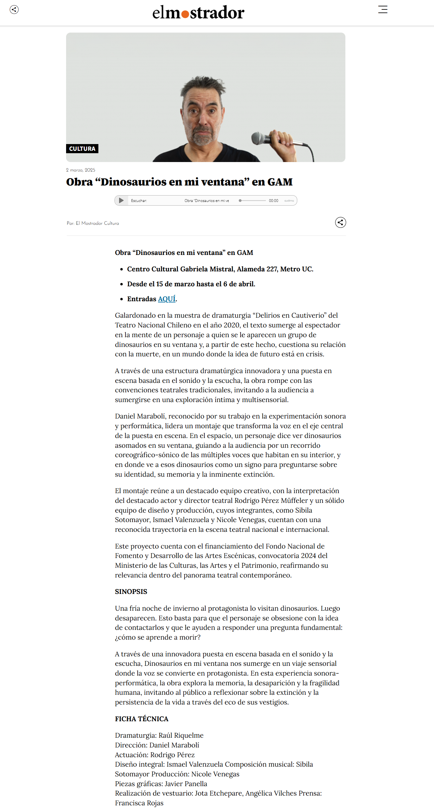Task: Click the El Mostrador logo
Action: pos(198,12)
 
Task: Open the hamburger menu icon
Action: pos(383,9)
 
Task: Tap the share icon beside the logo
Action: pos(14,9)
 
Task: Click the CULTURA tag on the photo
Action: pos(82,148)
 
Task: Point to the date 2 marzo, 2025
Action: pos(81,170)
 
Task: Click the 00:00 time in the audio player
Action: pos(273,201)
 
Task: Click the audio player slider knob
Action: pos(240,200)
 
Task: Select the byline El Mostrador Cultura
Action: pos(97,223)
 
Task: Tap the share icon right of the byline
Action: pos(340,223)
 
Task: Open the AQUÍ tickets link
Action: pos(166,299)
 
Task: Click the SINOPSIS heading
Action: pos(131,592)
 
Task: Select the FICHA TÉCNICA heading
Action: pos(142,719)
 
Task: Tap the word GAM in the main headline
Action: pos(280,182)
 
